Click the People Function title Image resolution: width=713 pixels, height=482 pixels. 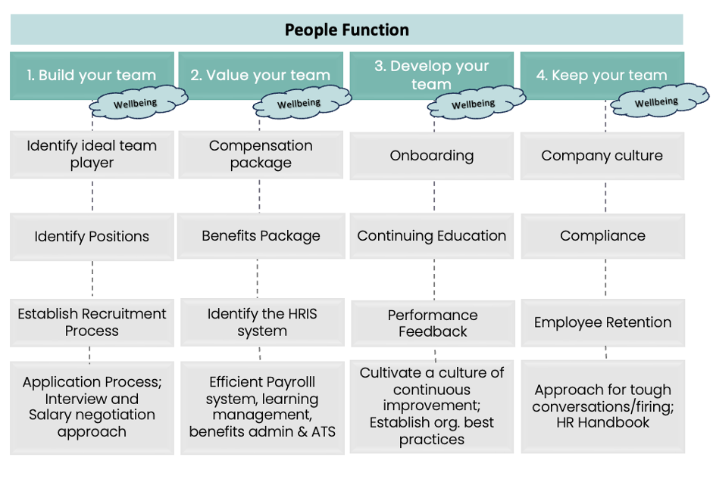pyautogui.click(x=346, y=30)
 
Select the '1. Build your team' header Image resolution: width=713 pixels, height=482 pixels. pyautogui.click(x=92, y=76)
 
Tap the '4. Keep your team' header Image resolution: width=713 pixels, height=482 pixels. pyautogui.click(x=602, y=76)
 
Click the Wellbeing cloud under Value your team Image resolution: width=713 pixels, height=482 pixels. pyautogui.click(x=302, y=103)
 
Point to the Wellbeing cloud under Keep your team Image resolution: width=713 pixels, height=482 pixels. pyautogui.click(x=659, y=101)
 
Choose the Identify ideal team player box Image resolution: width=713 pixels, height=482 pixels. pyautogui.click(x=92, y=154)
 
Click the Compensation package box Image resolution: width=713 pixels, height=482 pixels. pyautogui.click(x=261, y=154)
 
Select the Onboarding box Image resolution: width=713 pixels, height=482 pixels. pyautogui.click(x=432, y=156)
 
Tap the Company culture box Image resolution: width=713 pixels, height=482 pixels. pyautogui.click(x=602, y=156)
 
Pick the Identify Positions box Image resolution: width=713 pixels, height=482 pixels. pyautogui.click(x=92, y=237)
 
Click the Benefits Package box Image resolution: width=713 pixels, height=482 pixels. pyautogui.click(x=261, y=236)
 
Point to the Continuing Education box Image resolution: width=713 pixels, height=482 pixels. pyautogui.click(x=432, y=236)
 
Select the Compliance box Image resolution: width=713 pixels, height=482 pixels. pyautogui.click(x=603, y=236)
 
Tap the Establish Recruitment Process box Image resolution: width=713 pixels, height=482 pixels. pyautogui.click(x=92, y=322)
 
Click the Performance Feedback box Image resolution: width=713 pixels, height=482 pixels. pyautogui.click(x=433, y=323)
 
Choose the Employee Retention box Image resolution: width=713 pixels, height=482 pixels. pyautogui.click(x=603, y=322)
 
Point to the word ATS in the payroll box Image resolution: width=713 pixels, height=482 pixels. pyautogui.click(x=324, y=431)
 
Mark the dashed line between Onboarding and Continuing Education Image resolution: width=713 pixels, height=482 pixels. pyautogui.click(x=434, y=196)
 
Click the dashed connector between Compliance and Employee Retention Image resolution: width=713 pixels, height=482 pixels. pyautogui.click(x=605, y=278)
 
